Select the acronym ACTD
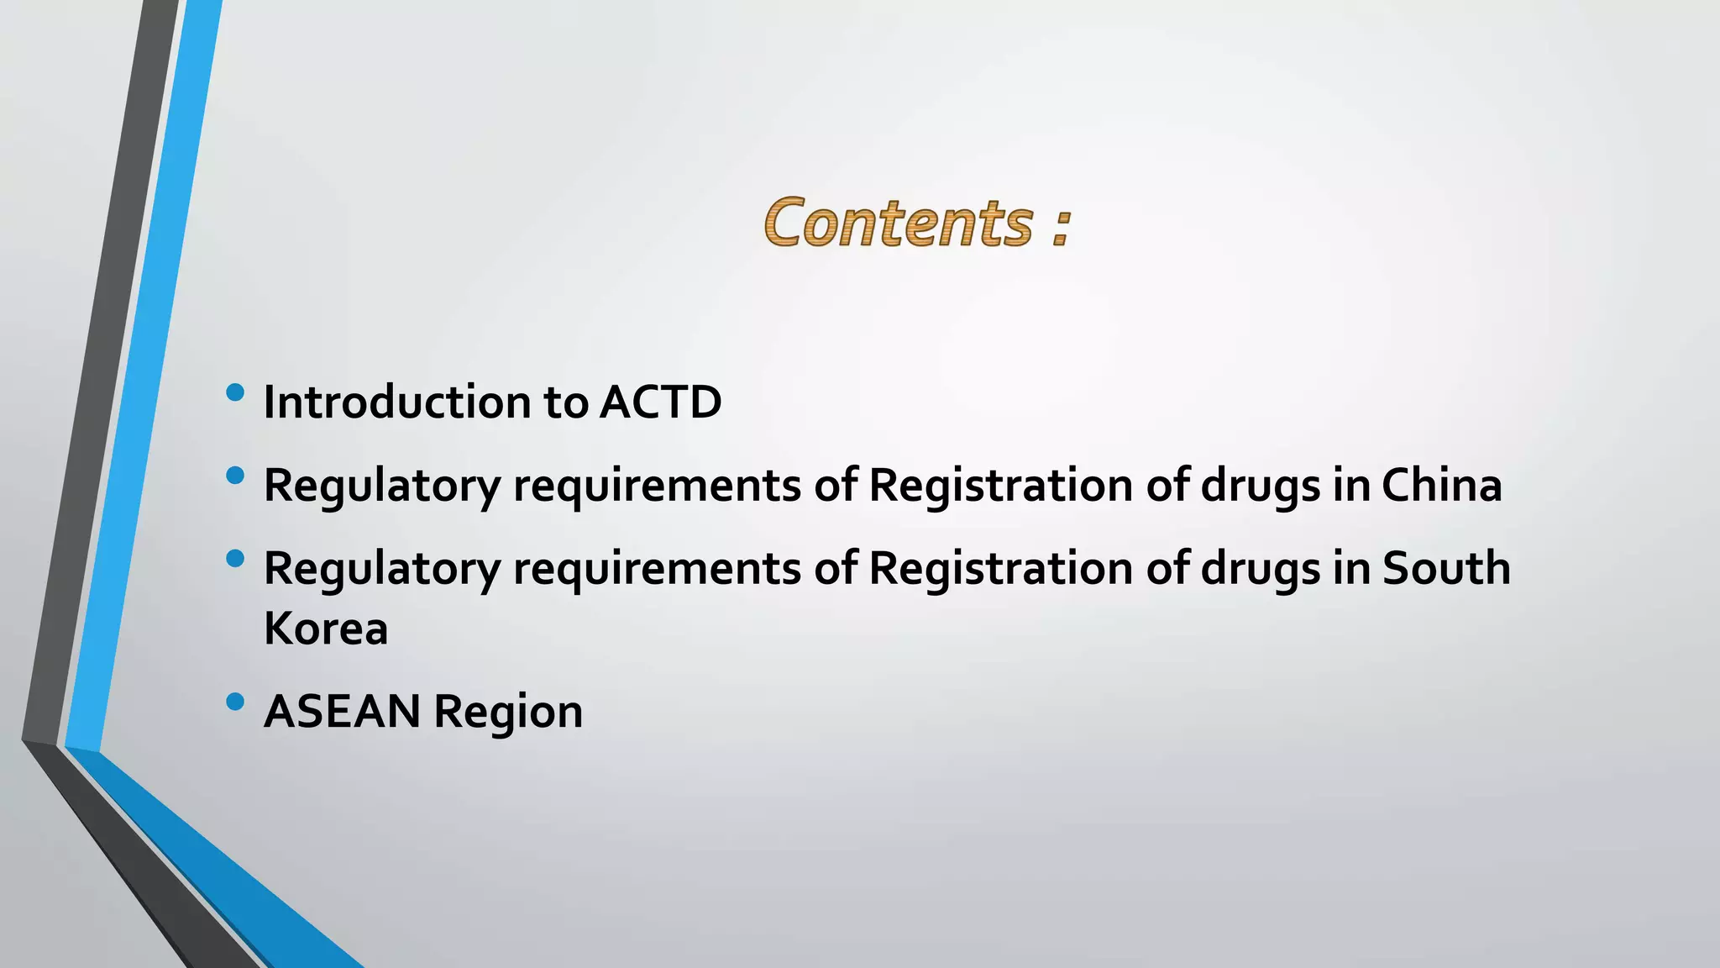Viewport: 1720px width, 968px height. coord(660,402)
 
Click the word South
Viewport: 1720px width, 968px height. coord(1446,568)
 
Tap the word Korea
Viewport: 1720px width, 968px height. coord(326,628)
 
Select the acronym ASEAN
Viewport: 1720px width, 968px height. coord(342,711)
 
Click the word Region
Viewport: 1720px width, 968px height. coord(508,713)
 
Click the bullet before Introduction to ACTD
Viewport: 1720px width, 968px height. coord(235,392)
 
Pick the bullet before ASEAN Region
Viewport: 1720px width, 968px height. coord(235,701)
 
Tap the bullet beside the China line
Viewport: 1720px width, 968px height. coord(235,476)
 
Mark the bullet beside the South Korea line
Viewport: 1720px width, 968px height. coord(235,558)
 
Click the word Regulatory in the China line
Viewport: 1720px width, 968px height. coord(382,487)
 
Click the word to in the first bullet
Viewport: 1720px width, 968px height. coord(565,402)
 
